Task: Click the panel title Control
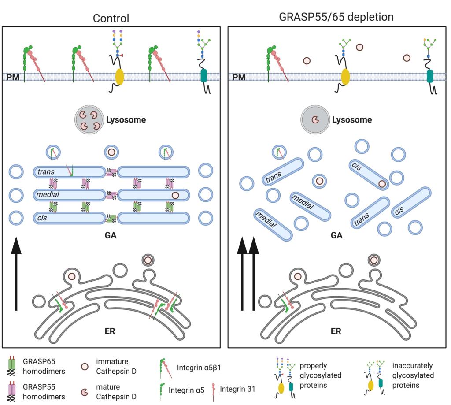point(111,19)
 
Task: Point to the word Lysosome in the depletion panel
point(352,120)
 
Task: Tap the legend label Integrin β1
point(237,389)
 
